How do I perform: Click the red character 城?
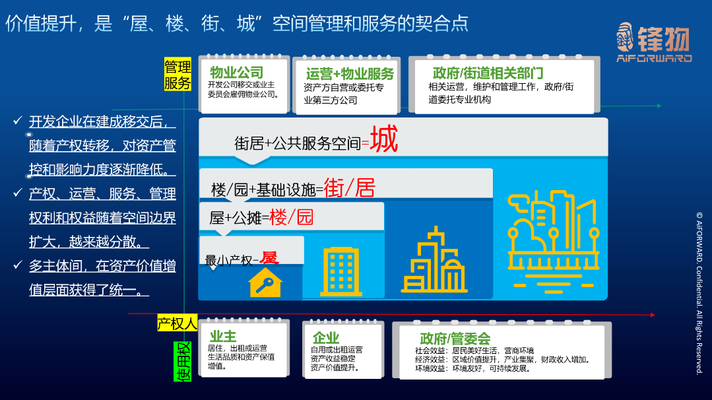tap(384, 139)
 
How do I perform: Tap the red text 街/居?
tap(349, 187)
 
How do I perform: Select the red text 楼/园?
tap(291, 217)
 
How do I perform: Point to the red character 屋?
tap(269, 257)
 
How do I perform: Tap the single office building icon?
tap(341, 271)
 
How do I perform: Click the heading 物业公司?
tap(237, 72)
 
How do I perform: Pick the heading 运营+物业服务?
tap(350, 73)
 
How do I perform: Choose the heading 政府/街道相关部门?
tap(488, 73)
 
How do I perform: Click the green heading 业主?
tap(223, 337)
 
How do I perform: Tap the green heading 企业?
tap(326, 338)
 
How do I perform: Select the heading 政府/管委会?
tap(455, 338)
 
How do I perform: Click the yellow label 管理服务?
tap(178, 74)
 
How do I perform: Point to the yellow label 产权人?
tap(177, 323)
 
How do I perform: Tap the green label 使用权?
tap(182, 362)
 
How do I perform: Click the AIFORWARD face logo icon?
tap(626, 37)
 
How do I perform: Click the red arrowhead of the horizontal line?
tap(653, 315)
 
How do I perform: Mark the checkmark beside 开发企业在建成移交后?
tap(18, 120)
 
